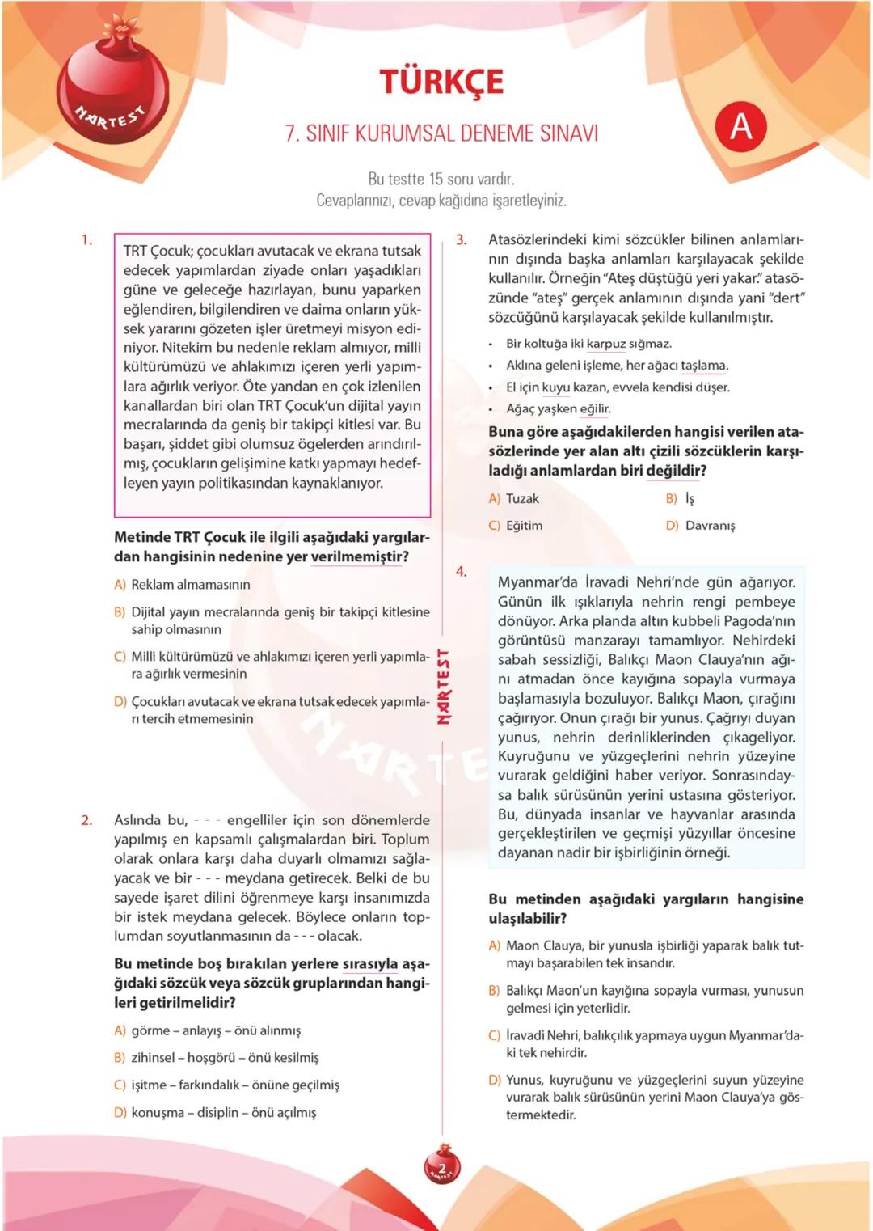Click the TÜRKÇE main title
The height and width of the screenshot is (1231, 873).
(x=441, y=82)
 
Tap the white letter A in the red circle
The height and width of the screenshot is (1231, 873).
(x=740, y=126)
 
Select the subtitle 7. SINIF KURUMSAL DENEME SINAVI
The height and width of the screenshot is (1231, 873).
(x=441, y=133)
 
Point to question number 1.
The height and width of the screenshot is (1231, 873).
(x=86, y=239)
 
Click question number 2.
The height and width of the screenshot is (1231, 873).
(x=86, y=820)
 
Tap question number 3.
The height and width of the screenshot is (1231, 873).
(x=462, y=239)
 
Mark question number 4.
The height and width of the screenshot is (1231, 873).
(x=462, y=571)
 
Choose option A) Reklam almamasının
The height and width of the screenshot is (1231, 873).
(x=182, y=584)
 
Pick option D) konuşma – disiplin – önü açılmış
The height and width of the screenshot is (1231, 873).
(x=215, y=1112)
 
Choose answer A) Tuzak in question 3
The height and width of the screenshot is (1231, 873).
(x=514, y=498)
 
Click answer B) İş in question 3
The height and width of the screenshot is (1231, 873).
(x=681, y=498)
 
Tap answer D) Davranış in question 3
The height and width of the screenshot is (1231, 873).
(x=701, y=525)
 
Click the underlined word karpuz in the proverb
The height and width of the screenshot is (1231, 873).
(x=605, y=344)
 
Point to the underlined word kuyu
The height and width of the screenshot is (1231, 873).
(x=555, y=387)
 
